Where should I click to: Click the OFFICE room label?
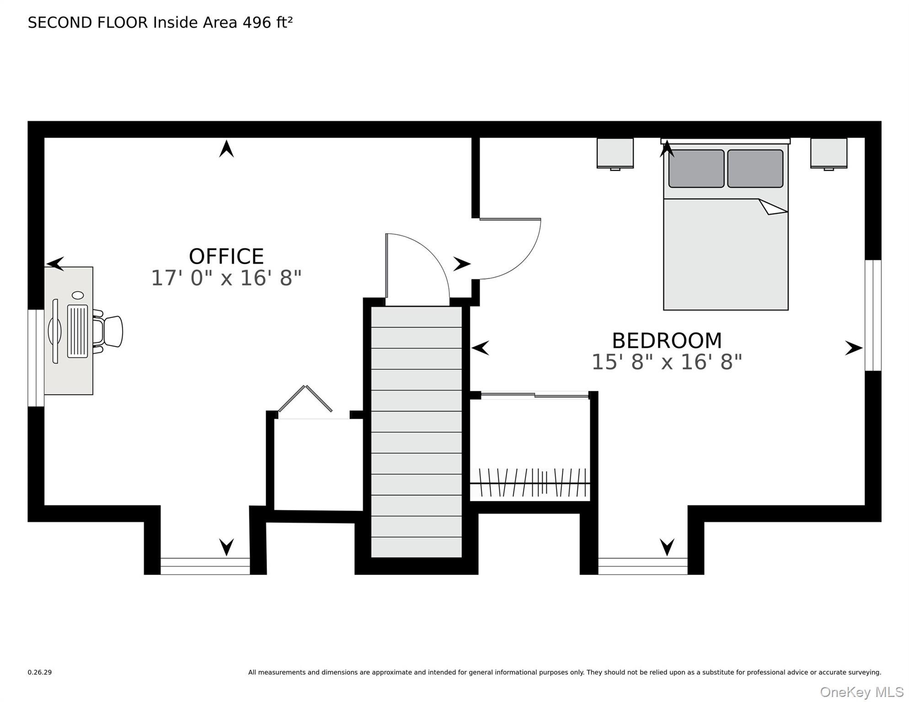[x=226, y=256]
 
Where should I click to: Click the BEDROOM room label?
[x=667, y=341]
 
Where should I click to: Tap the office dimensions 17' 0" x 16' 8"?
[x=226, y=278]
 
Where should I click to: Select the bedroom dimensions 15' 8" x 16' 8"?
[x=667, y=362]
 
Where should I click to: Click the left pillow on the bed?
[x=696, y=169]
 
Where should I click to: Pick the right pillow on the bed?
[x=755, y=169]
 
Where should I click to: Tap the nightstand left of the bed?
[x=615, y=154]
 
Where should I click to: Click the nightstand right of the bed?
[x=829, y=154]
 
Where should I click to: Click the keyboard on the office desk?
[x=77, y=331]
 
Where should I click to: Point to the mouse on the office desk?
[x=78, y=295]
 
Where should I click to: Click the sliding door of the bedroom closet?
[x=535, y=395]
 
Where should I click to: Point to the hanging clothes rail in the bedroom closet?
[x=530, y=483]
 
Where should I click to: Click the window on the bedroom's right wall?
[x=873, y=315]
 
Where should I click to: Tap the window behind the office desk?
[x=36, y=358]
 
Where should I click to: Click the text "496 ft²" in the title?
[x=267, y=22]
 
